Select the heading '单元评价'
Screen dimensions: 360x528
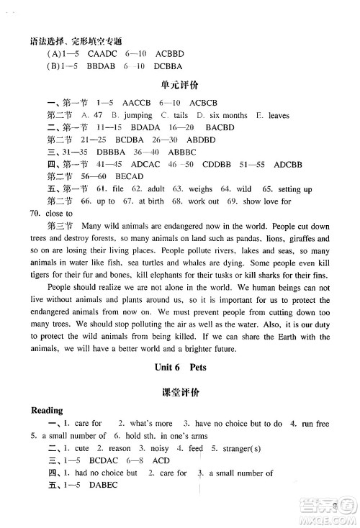180,83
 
